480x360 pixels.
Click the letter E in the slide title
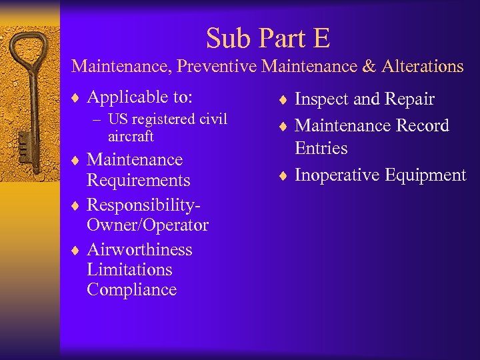pyautogui.click(x=321, y=38)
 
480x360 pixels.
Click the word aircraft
pyautogui.click(x=131, y=136)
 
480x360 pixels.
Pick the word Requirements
pyautogui.click(x=139, y=181)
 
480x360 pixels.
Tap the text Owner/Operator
pyautogui.click(x=147, y=225)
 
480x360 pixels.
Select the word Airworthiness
pyautogui.click(x=139, y=249)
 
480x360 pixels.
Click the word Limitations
pyautogui.click(x=129, y=269)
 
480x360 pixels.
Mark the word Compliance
pyautogui.click(x=131, y=290)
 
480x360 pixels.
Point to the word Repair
pyautogui.click(x=409, y=100)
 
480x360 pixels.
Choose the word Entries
pyautogui.click(x=321, y=148)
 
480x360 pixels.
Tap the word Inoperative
pyautogui.click(x=336, y=175)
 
